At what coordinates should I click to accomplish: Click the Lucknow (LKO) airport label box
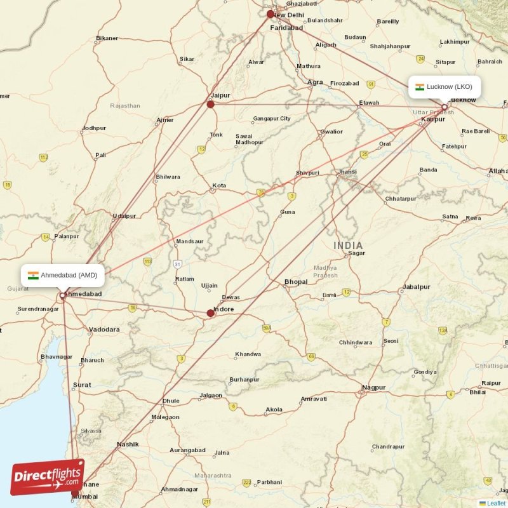(x=444, y=87)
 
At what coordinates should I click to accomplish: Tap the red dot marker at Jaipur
(x=211, y=104)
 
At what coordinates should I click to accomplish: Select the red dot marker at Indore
(x=211, y=312)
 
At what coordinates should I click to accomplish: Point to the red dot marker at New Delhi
(x=271, y=14)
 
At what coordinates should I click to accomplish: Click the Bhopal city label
(x=296, y=281)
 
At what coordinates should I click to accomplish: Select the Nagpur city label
(x=373, y=387)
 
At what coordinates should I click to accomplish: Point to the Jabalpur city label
(x=416, y=287)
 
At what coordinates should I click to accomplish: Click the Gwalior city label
(x=331, y=132)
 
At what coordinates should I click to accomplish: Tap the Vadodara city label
(x=104, y=330)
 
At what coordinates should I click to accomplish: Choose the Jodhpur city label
(x=94, y=128)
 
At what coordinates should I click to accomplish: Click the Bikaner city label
(x=107, y=39)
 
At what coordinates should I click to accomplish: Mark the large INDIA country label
(x=348, y=246)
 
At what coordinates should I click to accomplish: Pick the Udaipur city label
(x=124, y=216)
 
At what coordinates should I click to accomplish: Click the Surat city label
(x=82, y=385)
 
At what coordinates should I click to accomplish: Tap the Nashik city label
(x=128, y=444)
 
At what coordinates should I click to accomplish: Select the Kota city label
(x=219, y=186)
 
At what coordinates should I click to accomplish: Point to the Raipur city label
(x=491, y=383)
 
